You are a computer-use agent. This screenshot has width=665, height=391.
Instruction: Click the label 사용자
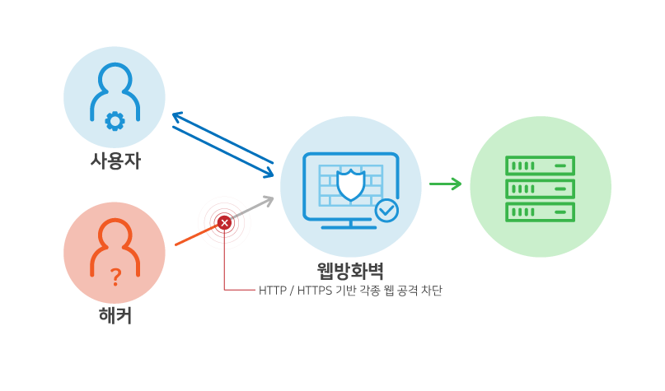[115, 161]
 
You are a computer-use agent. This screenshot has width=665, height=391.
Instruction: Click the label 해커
[115, 314]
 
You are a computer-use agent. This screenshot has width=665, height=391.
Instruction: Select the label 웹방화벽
[350, 270]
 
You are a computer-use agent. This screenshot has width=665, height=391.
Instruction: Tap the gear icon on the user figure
[115, 122]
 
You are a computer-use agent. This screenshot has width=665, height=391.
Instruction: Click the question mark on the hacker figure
[115, 277]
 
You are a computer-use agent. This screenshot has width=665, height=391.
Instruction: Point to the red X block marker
[224, 222]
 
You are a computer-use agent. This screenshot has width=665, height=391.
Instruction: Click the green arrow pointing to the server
[446, 184]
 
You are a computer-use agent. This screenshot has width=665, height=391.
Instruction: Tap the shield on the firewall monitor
[351, 184]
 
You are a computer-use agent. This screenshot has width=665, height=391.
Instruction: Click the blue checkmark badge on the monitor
[386, 211]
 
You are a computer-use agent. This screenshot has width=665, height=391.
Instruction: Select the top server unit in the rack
[540, 165]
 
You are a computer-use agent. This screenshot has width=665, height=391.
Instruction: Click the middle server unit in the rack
[540, 189]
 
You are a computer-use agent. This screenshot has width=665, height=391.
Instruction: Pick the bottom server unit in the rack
[540, 212]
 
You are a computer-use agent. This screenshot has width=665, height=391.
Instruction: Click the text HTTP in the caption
[272, 291]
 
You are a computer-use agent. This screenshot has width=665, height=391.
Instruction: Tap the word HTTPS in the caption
[312, 291]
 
